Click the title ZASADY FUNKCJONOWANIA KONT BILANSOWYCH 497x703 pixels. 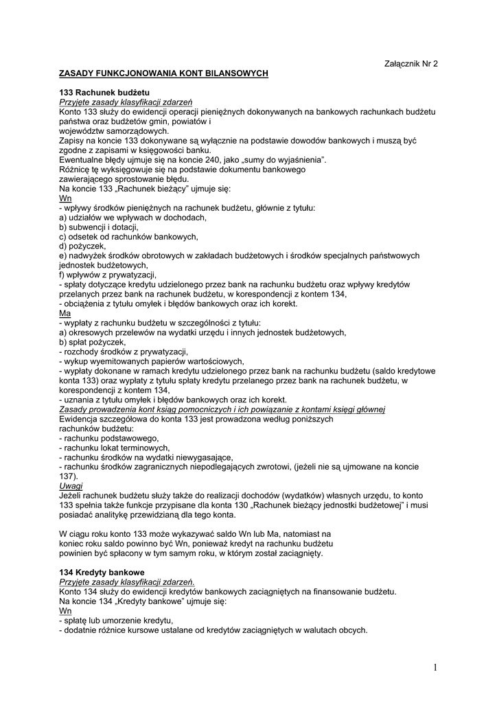(163, 73)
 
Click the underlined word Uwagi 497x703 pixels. (71, 485)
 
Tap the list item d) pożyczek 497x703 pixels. (82, 246)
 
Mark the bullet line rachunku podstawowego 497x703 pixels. (109, 438)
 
